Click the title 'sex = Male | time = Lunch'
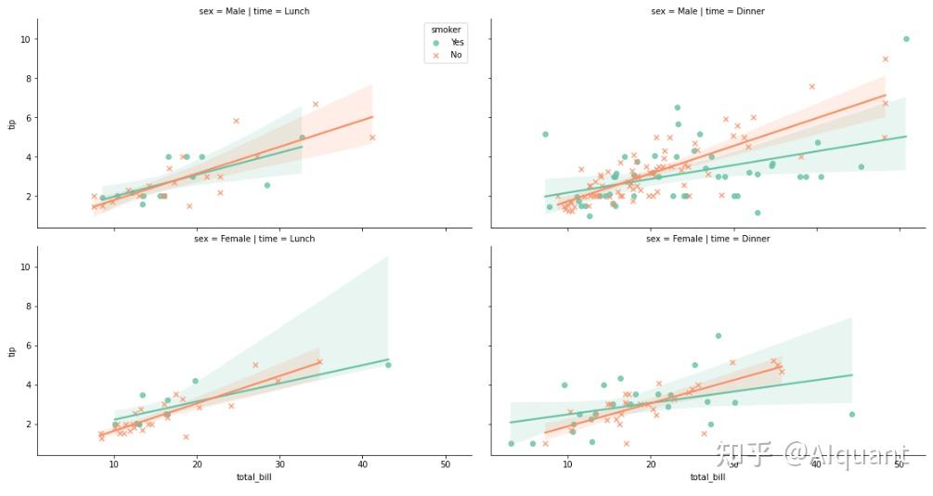(x=254, y=11)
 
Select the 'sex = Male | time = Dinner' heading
(x=707, y=11)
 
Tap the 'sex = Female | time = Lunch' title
(x=254, y=239)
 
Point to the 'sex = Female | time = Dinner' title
(x=707, y=239)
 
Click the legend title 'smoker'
(x=440, y=30)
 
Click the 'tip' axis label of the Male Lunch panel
(x=12, y=124)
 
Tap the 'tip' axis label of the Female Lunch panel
(x=12, y=351)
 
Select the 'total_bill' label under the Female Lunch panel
(x=254, y=477)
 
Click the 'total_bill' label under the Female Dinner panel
(x=707, y=477)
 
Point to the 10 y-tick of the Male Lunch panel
(x=25, y=39)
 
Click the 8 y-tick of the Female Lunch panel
(x=28, y=306)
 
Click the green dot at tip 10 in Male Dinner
(x=906, y=39)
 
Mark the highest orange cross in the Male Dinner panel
(x=886, y=59)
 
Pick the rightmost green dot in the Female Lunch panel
(x=388, y=365)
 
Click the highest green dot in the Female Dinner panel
(x=718, y=336)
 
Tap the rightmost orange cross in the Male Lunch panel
(x=372, y=137)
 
